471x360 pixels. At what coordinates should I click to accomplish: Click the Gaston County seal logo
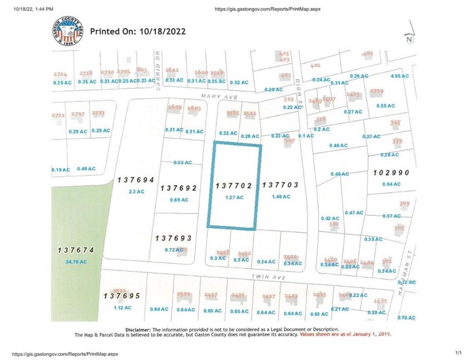(68, 31)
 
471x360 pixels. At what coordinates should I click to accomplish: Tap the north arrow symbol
(410, 37)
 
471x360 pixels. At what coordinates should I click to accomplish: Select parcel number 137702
(234, 186)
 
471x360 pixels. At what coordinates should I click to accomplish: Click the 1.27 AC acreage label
(233, 197)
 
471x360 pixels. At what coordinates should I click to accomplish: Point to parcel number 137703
(281, 185)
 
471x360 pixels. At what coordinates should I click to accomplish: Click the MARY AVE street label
(214, 96)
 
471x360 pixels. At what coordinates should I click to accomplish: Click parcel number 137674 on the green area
(76, 250)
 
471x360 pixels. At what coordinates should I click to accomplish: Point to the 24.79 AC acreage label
(76, 262)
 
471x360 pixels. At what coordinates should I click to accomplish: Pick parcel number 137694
(136, 180)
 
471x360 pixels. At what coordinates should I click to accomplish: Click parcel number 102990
(391, 172)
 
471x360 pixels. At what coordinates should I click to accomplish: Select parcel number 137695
(122, 296)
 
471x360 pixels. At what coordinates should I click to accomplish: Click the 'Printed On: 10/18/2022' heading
(137, 32)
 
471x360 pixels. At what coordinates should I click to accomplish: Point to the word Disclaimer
(137, 330)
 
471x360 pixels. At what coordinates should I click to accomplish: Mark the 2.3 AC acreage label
(136, 191)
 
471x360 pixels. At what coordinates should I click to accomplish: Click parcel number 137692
(178, 188)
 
